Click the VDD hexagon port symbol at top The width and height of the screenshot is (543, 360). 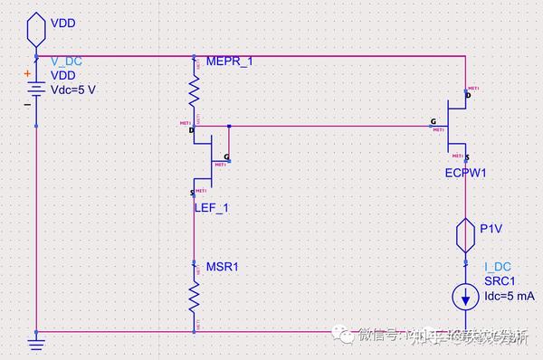[35, 30]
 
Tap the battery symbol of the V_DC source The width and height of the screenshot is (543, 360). [35, 90]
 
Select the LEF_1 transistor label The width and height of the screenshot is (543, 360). [212, 208]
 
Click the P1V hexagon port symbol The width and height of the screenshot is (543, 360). [465, 236]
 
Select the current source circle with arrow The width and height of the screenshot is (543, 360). [465, 295]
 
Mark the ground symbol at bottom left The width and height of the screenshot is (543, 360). [35, 343]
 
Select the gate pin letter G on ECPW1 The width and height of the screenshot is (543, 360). [433, 120]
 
